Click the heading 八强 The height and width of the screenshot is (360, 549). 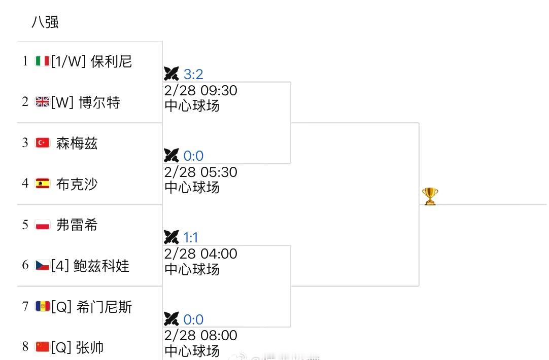click(x=45, y=22)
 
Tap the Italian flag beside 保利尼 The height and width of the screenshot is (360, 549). click(x=43, y=61)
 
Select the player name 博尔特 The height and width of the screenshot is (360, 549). click(x=99, y=102)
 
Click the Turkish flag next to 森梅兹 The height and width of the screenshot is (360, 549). click(x=43, y=143)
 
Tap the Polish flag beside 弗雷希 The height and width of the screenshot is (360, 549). click(x=43, y=225)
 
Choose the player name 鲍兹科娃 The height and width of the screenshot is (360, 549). click(x=101, y=266)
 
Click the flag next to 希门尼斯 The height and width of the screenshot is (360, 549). click(x=43, y=306)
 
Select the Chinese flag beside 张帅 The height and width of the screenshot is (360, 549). click(x=43, y=347)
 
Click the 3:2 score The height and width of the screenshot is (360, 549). click(x=193, y=75)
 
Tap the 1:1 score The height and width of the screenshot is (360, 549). click(x=191, y=237)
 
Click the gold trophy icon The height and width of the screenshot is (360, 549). click(x=430, y=196)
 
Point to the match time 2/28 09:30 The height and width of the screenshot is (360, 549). click(x=201, y=91)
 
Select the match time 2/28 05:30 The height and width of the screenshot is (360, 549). click(x=201, y=172)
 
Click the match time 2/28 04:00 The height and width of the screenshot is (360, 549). click(x=201, y=254)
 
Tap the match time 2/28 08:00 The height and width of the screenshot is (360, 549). click(x=201, y=336)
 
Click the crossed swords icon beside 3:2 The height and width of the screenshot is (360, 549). click(x=171, y=74)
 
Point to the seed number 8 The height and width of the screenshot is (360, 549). click(x=25, y=347)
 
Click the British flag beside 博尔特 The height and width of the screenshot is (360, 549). click(x=43, y=102)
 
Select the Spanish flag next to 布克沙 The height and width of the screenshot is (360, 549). click(x=43, y=184)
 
